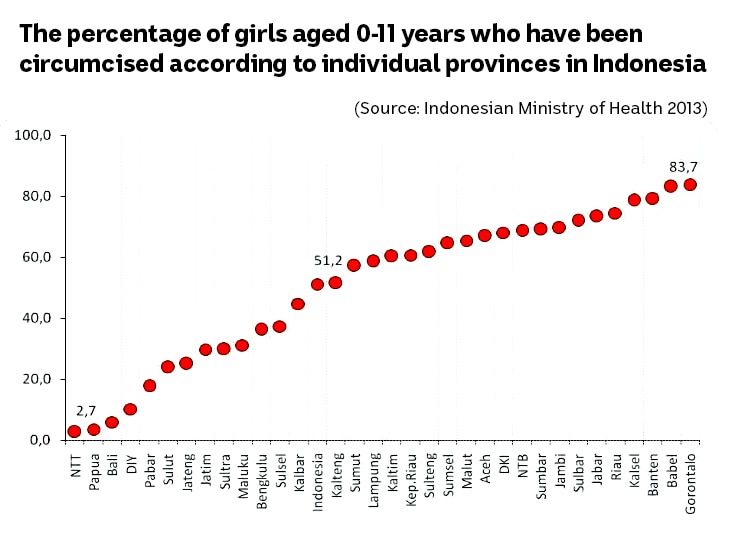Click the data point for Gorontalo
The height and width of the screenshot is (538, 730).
pos(690,185)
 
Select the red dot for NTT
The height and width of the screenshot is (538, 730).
pos(74,432)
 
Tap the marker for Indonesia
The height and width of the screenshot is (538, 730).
pos(317,284)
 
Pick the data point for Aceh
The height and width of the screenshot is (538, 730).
pos(485,236)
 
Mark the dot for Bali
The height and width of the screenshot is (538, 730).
pos(112,422)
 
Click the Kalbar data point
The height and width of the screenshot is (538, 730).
pos(298,304)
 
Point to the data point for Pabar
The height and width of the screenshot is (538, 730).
pos(149,386)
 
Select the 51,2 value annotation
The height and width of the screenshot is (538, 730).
pos(329,261)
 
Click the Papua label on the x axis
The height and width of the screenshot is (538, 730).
pos(94,471)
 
